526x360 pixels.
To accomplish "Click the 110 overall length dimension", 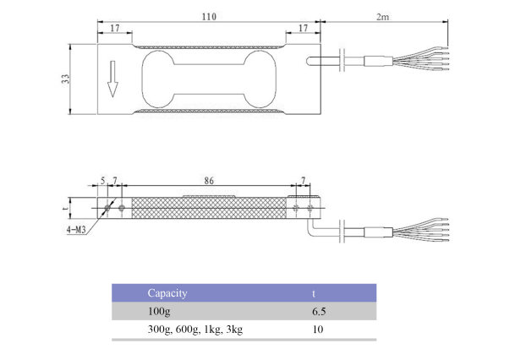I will [208, 16].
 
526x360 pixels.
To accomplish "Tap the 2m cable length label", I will [381, 16].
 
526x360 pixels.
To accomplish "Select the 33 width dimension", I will [65, 79].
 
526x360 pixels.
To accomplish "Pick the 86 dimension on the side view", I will [208, 180].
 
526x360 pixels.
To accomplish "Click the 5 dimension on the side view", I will [102, 180].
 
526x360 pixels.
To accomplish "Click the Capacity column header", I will [167, 293].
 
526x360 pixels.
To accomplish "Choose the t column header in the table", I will [314, 293].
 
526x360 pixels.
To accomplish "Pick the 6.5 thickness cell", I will [319, 312].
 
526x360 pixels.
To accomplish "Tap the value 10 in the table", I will [318, 330].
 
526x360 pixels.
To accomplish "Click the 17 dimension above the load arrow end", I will [113, 28].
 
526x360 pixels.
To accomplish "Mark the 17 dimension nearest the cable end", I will [302, 28].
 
